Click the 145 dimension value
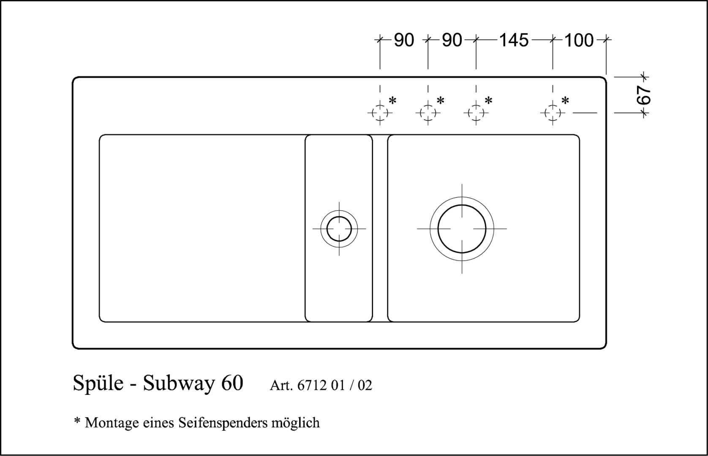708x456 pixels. (514, 41)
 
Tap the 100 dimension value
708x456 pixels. (579, 41)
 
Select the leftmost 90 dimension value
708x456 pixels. (404, 41)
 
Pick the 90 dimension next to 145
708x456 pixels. (452, 41)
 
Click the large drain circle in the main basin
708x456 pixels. (462, 205)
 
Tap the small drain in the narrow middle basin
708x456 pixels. (339, 217)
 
